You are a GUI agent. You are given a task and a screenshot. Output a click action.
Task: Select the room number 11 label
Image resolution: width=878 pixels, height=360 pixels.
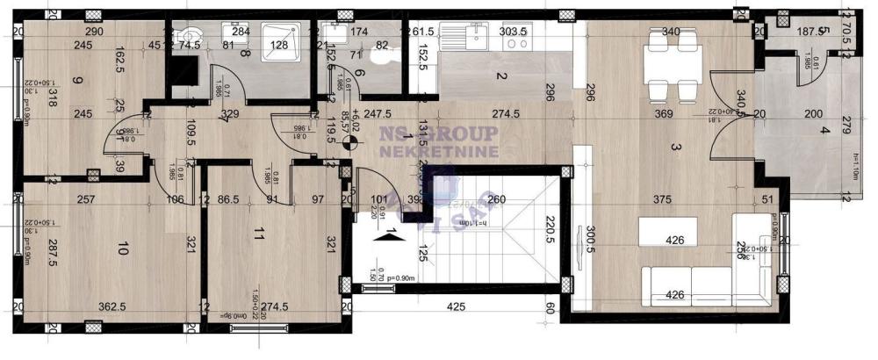point(258,234)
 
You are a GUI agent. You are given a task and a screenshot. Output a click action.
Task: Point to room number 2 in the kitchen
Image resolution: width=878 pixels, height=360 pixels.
point(500,76)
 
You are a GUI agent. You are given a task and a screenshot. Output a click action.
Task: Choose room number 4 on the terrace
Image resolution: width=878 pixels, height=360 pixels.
point(824,132)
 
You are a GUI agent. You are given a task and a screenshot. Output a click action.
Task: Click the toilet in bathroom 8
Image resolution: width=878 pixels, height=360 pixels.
point(192,37)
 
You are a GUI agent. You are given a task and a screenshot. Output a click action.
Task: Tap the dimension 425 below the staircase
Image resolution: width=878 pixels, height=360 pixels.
point(456,307)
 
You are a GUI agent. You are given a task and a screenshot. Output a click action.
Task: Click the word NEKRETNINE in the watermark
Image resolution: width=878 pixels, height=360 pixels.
point(438,151)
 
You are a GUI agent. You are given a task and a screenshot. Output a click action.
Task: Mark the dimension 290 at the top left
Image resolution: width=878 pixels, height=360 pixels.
point(95,32)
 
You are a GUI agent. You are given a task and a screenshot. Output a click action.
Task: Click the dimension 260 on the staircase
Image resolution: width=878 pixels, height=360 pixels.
point(496,199)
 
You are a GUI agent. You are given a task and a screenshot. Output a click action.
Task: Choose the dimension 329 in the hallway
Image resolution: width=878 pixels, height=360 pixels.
point(230,113)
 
